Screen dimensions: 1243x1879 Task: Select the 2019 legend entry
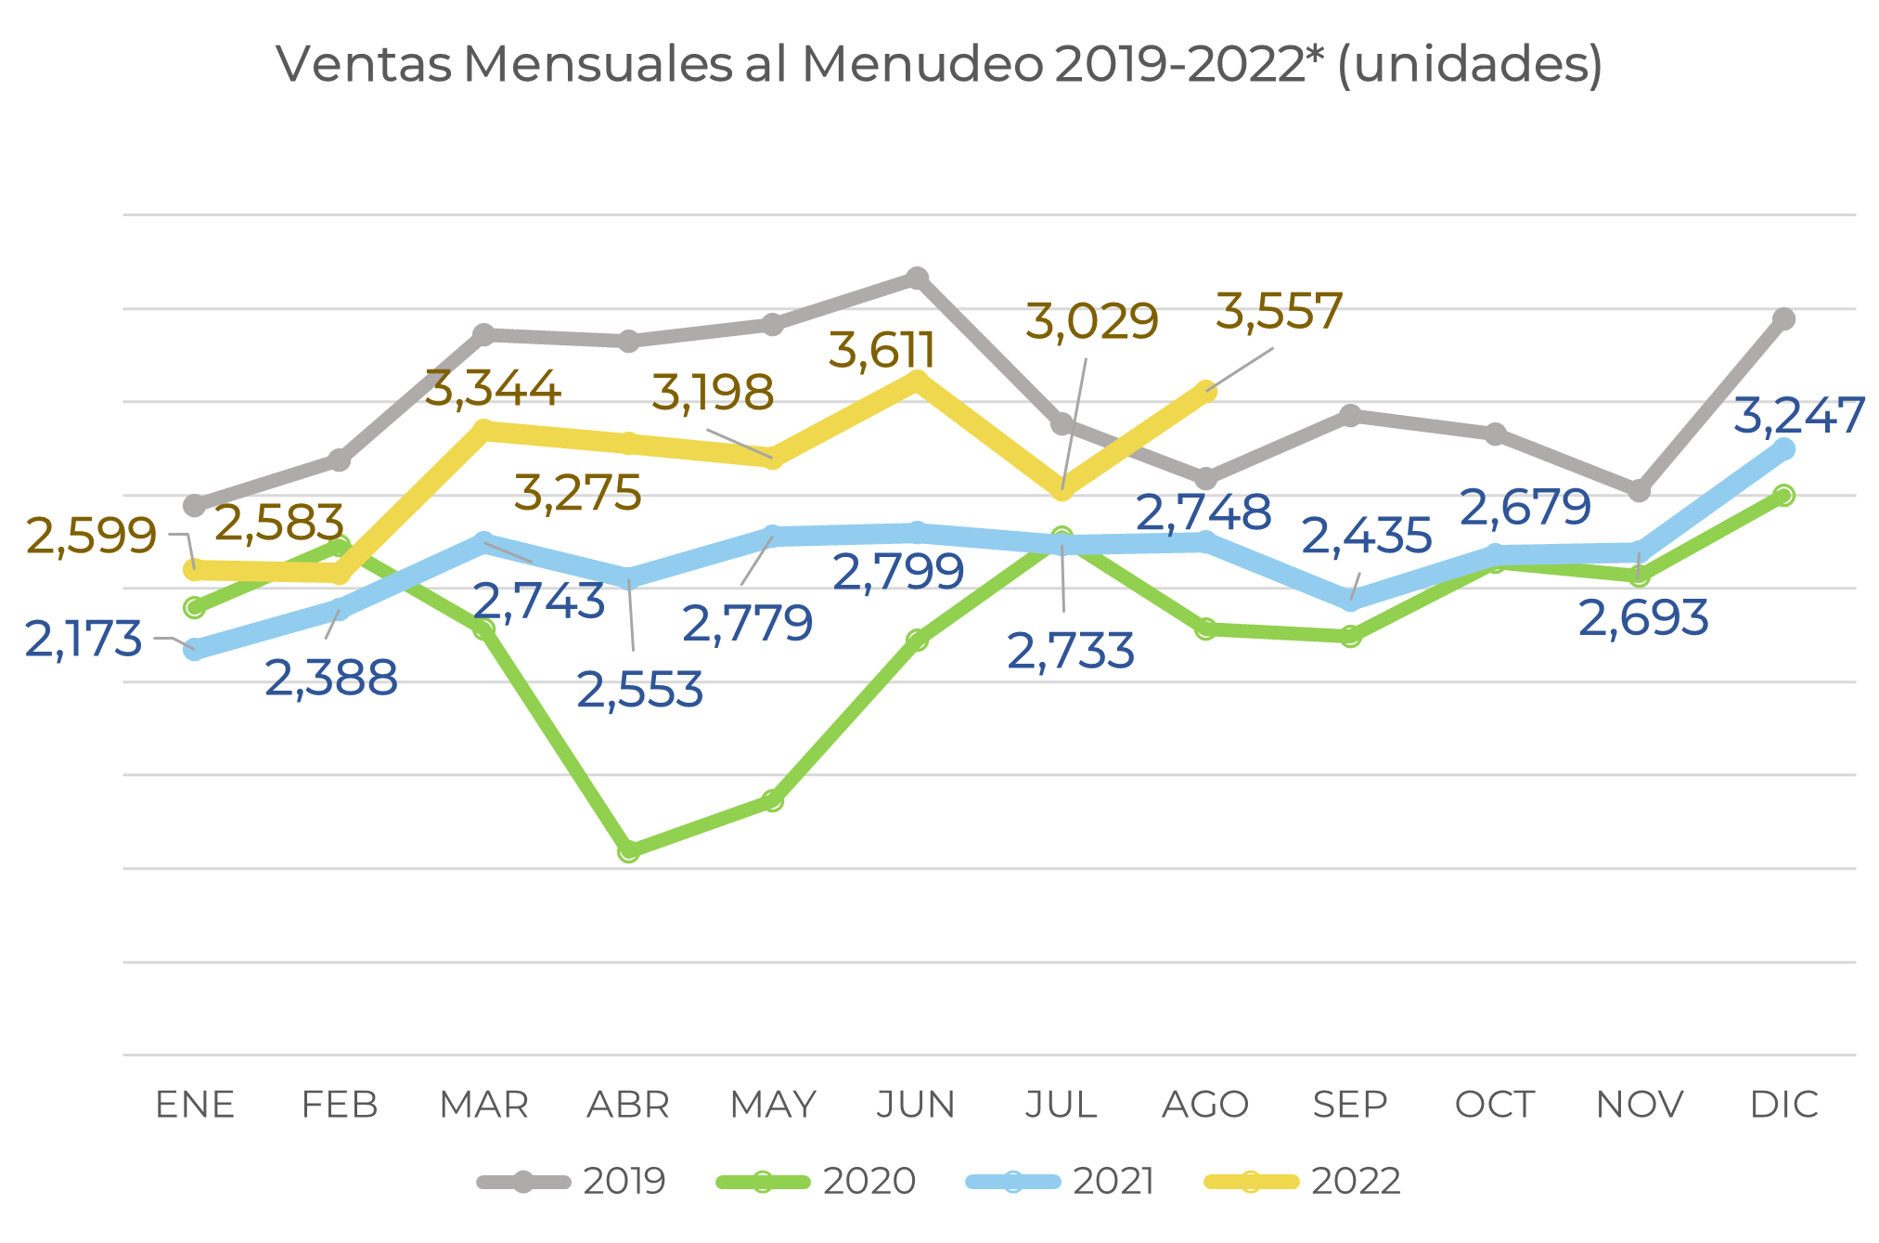click(x=572, y=1182)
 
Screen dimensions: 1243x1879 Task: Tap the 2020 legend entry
click(x=816, y=1182)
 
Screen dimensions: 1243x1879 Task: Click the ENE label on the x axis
click(x=195, y=1105)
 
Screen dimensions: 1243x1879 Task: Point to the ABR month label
click(x=628, y=1105)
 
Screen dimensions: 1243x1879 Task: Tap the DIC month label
click(x=1783, y=1105)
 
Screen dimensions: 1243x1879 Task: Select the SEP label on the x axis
click(x=1350, y=1105)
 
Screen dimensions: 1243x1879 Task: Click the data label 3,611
click(x=882, y=351)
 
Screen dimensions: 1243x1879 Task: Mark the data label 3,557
click(x=1279, y=312)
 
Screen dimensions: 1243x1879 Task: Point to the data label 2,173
click(x=84, y=640)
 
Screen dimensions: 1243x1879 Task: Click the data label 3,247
click(x=1798, y=416)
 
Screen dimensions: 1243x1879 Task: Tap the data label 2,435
click(x=1367, y=537)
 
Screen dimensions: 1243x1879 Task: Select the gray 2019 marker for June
click(x=917, y=278)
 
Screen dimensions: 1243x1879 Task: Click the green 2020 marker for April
click(x=628, y=850)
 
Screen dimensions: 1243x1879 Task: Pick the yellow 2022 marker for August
click(x=1205, y=391)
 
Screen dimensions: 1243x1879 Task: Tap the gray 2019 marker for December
click(x=1783, y=319)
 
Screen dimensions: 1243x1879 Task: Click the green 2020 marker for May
click(x=773, y=800)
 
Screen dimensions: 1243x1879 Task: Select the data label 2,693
click(x=1642, y=619)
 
